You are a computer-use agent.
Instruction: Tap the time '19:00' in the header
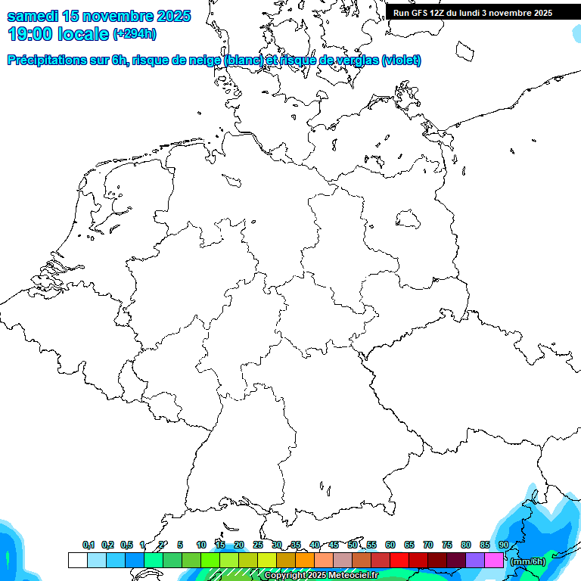point(30,33)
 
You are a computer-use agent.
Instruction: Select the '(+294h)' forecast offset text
point(134,33)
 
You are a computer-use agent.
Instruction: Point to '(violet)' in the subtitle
point(402,61)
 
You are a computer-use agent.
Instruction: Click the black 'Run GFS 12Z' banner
point(473,13)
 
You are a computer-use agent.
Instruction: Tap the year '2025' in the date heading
point(172,16)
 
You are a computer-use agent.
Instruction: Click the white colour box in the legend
point(77,561)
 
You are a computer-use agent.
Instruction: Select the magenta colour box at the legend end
point(494,561)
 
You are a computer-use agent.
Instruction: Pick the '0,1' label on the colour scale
point(89,545)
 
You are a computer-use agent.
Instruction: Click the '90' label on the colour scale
point(503,545)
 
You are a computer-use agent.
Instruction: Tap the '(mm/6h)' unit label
point(528,561)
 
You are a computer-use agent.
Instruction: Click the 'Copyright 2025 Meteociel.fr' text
point(321,576)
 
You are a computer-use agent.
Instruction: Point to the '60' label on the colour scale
point(390,545)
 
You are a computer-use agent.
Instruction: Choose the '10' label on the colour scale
point(200,545)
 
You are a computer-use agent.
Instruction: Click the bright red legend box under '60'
point(399,561)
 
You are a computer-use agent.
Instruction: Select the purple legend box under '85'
point(475,561)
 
